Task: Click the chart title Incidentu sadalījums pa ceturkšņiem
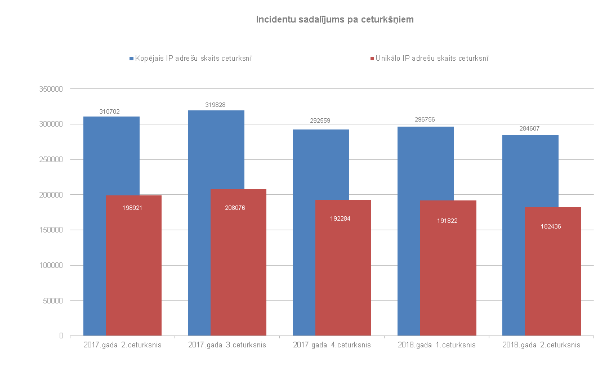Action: (335, 20)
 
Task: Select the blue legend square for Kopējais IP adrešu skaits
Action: (131, 58)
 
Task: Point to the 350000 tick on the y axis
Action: (52, 89)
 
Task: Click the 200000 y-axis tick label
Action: (52, 195)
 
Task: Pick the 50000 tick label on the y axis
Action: (53, 301)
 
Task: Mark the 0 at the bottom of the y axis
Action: (60, 336)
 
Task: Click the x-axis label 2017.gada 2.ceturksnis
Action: (122, 345)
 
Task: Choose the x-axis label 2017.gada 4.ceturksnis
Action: (332, 345)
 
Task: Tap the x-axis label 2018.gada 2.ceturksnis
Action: (541, 345)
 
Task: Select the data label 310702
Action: (110, 111)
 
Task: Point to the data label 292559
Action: (319, 120)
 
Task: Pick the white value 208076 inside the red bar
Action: (235, 208)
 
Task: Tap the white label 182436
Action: (550, 226)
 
